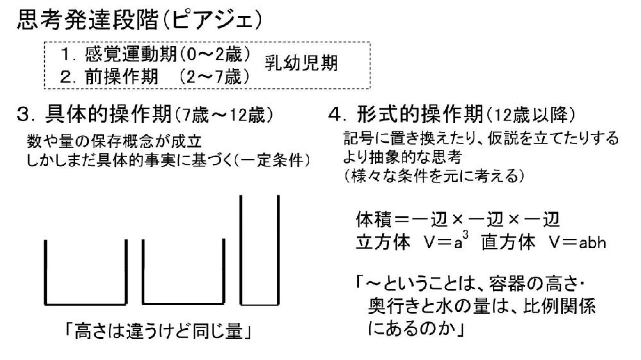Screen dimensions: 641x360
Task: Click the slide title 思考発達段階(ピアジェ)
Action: [x=139, y=20]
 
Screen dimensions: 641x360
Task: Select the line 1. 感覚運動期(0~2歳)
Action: [x=156, y=54]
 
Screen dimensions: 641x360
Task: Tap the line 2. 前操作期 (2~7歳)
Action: [x=155, y=76]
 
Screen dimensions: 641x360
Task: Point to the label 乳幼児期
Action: [x=301, y=63]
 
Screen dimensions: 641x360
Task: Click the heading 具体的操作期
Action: [x=108, y=114]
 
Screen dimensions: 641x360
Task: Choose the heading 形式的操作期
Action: [x=420, y=114]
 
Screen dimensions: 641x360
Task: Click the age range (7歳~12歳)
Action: [x=224, y=116]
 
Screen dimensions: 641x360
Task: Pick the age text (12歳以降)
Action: [x=531, y=116]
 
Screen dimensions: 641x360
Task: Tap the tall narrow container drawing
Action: [x=260, y=304]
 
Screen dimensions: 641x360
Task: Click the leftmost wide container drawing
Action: [x=85, y=304]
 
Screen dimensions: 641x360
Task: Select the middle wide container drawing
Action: [x=183, y=304]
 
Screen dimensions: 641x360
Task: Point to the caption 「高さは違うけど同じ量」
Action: [x=158, y=331]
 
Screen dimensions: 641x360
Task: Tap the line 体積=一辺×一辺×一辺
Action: [x=458, y=220]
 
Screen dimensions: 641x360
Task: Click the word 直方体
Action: [x=508, y=242]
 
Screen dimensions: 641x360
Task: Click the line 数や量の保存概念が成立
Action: [x=115, y=141]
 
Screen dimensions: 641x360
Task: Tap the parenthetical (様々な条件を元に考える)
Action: [x=433, y=176]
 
